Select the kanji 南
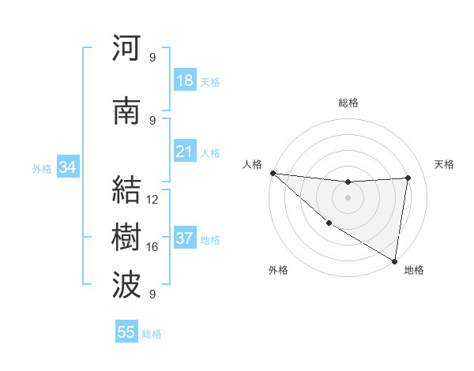pos(127,111)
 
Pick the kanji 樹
pos(127,238)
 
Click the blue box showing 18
pos(185,81)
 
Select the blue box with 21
pos(185,152)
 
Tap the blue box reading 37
pos(185,238)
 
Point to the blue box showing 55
pos(126,332)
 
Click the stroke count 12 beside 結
pos(152,200)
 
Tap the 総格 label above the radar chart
pos(348,103)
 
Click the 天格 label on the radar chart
pos(444,164)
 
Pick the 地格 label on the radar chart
pos(414,270)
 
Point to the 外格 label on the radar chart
pos(278,270)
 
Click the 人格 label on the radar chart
pos(253,164)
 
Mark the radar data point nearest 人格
pos(273,173)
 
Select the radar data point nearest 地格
pos(394,260)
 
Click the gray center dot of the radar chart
pos(348,197)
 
